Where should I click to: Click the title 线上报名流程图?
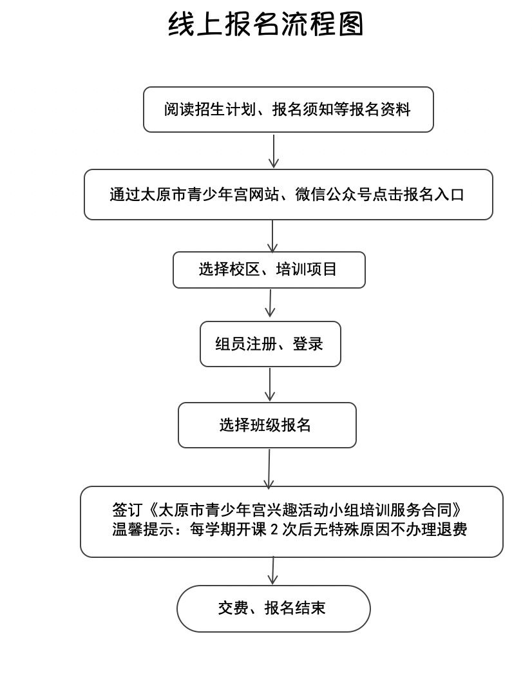(265, 24)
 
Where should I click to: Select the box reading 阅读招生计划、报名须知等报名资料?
(289, 110)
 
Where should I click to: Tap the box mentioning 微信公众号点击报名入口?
(289, 195)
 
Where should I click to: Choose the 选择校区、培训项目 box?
(269, 270)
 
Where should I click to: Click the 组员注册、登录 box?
(270, 344)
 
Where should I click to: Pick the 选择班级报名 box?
(267, 425)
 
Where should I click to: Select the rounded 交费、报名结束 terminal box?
(274, 608)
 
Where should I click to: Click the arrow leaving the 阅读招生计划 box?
(274, 151)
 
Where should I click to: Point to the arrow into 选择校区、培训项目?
(272, 236)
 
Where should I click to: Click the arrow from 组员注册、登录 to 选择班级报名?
(270, 385)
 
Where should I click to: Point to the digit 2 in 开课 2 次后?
(274, 530)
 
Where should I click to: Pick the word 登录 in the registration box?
(308, 344)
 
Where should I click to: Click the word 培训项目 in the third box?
(307, 269)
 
